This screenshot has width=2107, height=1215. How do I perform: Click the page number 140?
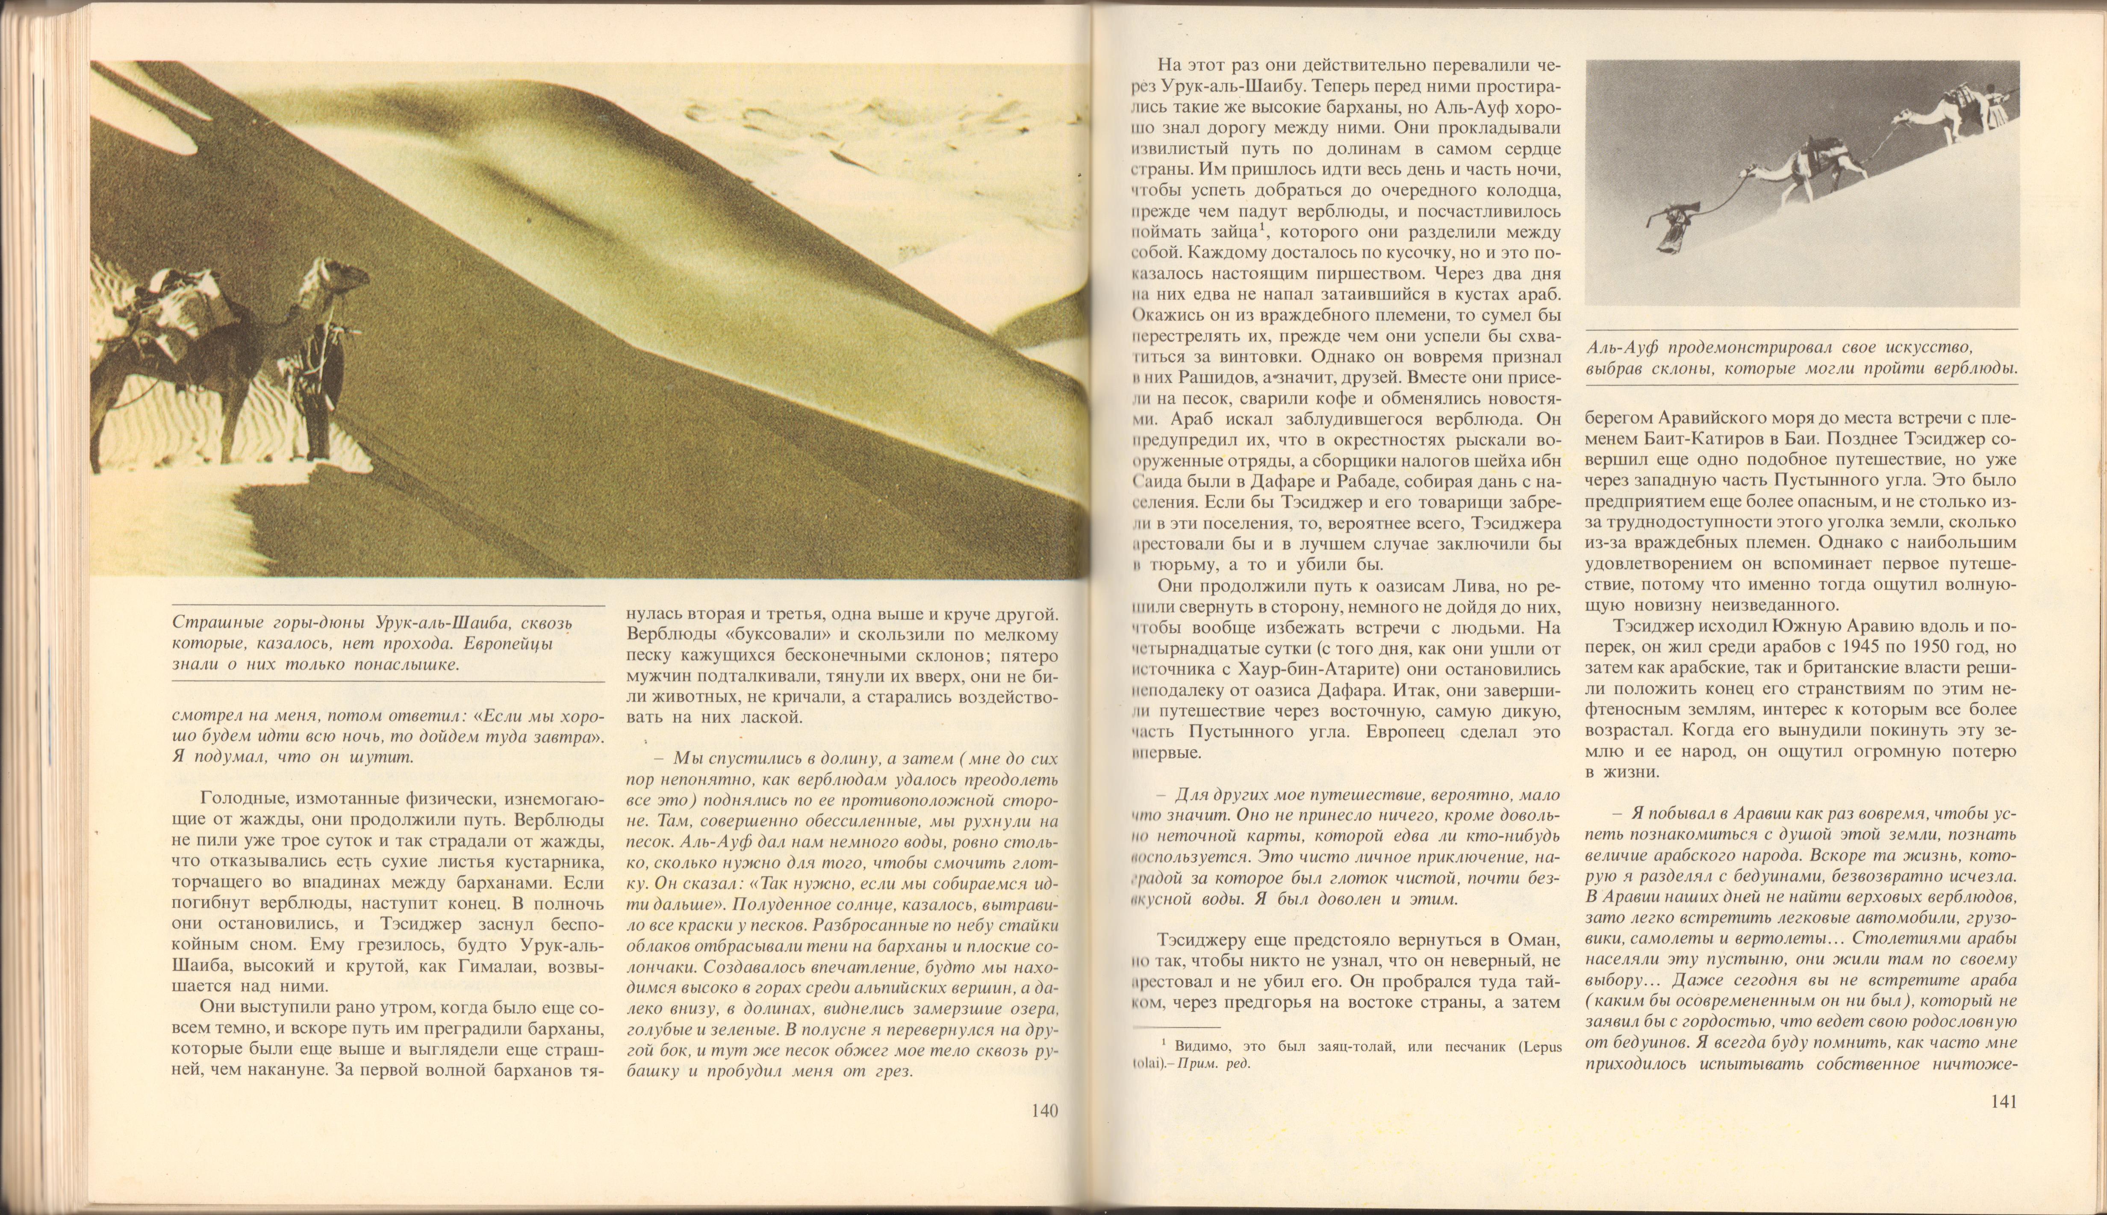(1044, 1111)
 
